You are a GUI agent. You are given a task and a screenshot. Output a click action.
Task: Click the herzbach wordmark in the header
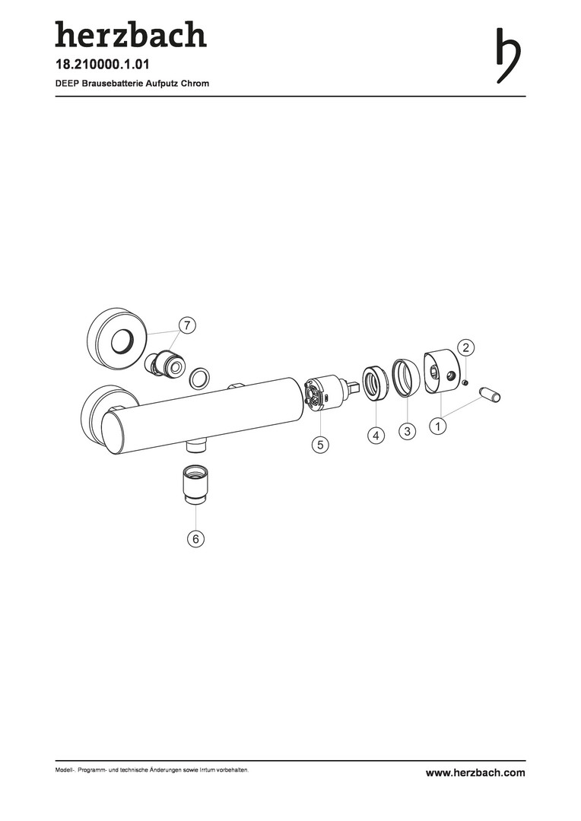[x=131, y=34]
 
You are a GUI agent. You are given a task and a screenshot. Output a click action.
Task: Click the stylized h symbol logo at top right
[x=508, y=55]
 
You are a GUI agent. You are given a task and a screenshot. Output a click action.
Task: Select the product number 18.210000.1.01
[x=103, y=65]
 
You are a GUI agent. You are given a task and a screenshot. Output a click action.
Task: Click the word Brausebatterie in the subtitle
[x=110, y=84]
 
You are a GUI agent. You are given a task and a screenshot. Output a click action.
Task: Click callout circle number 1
[x=438, y=426]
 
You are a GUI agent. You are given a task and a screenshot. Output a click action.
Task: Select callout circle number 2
[x=465, y=347]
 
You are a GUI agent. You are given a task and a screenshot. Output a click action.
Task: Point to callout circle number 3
[x=407, y=431]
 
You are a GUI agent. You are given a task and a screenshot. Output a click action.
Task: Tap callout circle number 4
[x=376, y=436]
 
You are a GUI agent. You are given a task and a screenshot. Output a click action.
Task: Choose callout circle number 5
[x=320, y=445]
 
